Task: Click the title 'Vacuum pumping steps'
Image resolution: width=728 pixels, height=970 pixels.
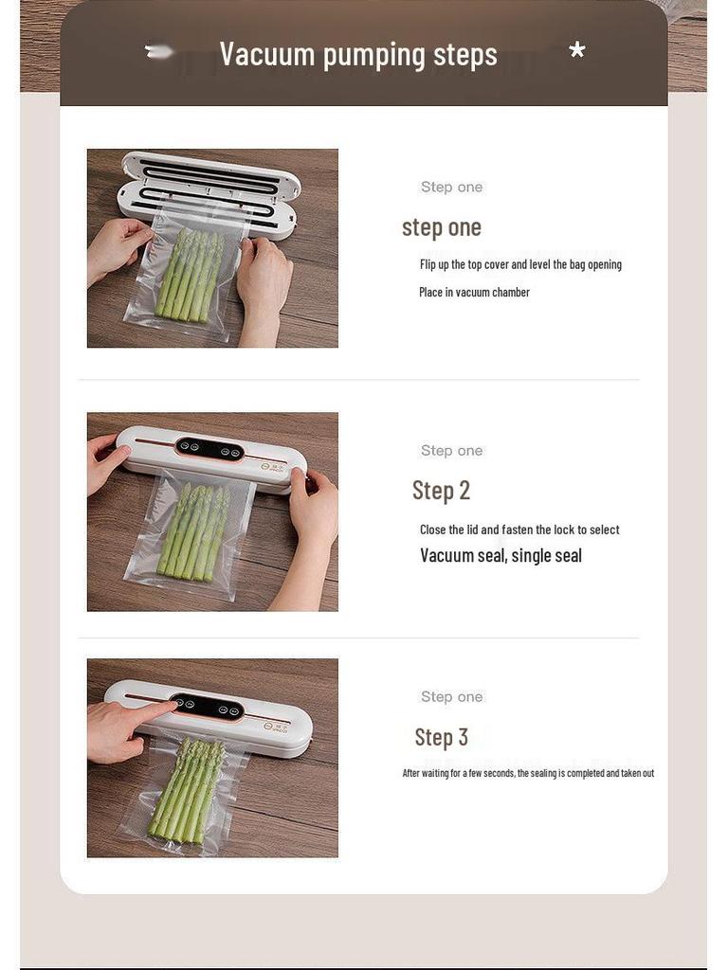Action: [358, 55]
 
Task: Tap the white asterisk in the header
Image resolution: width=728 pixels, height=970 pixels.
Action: [576, 51]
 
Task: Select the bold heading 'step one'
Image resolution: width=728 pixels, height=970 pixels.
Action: [442, 227]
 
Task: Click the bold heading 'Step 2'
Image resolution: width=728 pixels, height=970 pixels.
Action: [441, 491]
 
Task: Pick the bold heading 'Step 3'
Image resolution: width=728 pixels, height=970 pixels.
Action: [441, 737]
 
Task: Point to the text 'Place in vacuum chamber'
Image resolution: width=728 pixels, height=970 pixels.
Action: [474, 293]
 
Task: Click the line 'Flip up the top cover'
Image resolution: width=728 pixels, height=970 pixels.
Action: [520, 265]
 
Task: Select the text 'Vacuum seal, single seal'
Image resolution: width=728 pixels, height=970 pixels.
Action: [500, 556]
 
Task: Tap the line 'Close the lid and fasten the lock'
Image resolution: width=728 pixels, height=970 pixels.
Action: [519, 530]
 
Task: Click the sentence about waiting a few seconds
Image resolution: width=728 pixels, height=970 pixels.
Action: [528, 774]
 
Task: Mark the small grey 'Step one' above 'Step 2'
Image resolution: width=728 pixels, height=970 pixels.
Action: [452, 451]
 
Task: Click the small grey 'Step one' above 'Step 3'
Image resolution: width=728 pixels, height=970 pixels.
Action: [452, 697]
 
